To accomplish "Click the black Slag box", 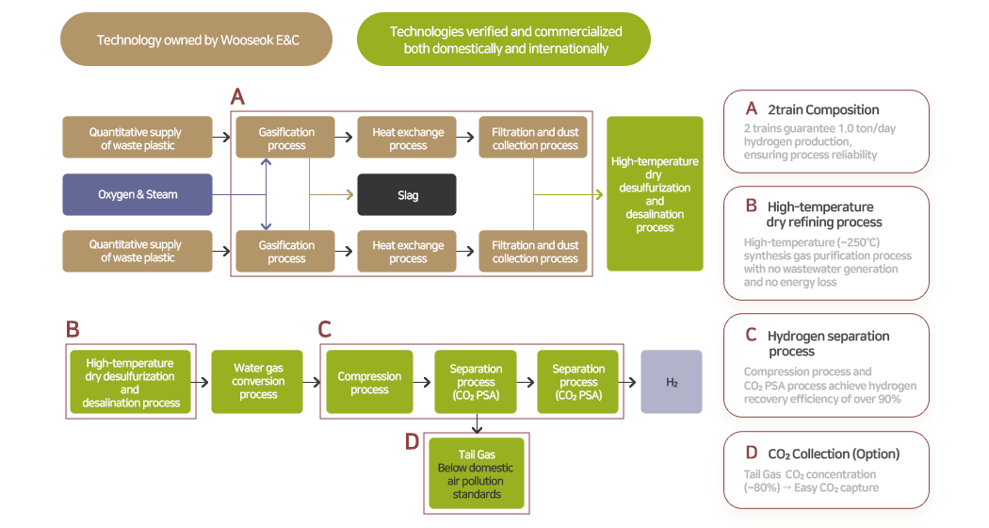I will coord(407,195).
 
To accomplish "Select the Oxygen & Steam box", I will coord(138,195).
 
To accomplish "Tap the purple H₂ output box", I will coord(672,382).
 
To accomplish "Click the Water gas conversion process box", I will coord(258,382).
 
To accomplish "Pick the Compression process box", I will coord(369,382).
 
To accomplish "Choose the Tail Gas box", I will coord(476,474).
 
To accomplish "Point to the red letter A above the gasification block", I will coord(237,96).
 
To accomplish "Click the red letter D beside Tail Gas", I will coord(412,442).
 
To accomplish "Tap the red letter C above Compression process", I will coord(325,329).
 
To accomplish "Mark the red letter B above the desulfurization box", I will coord(73,329).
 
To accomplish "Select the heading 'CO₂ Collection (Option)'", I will coord(833,454).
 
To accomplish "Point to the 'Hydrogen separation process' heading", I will coord(828,343).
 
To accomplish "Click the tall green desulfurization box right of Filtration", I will coord(655,194).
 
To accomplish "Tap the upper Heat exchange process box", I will coord(408,139).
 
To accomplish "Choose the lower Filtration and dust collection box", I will coord(535,252).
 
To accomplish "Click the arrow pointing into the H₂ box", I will coord(631,382).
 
